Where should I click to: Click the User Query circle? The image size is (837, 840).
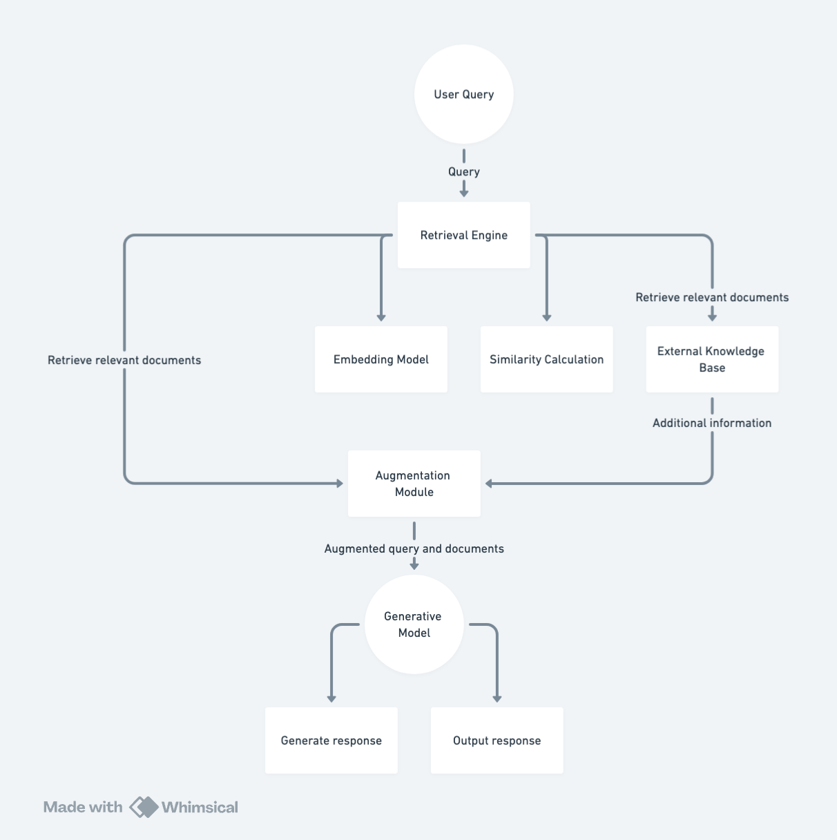click(x=464, y=95)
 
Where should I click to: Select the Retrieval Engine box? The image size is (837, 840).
click(x=464, y=235)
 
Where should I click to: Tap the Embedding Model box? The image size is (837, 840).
click(x=381, y=359)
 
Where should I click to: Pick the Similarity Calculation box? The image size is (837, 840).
click(x=546, y=359)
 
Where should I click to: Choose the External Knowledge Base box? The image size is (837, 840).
click(x=712, y=359)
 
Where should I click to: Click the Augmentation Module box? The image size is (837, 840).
click(x=414, y=484)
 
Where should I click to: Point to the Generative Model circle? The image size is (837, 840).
click(x=414, y=624)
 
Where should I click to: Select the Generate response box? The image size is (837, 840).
click(x=331, y=741)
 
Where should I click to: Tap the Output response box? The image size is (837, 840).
click(x=497, y=741)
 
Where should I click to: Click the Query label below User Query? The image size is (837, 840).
click(x=464, y=172)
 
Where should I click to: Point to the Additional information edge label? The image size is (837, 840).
click(x=712, y=423)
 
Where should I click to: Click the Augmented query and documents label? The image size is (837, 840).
click(x=414, y=548)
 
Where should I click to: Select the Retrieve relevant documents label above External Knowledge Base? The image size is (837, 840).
click(x=712, y=298)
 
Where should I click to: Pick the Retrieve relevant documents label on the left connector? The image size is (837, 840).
click(x=124, y=360)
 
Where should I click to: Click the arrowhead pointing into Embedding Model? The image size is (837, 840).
click(x=381, y=318)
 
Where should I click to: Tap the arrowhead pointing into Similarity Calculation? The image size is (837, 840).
click(x=546, y=318)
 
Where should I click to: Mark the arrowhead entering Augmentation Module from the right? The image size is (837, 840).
click(x=489, y=484)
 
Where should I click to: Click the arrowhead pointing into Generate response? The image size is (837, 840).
click(x=331, y=699)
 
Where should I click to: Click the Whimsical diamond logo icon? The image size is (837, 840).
click(x=144, y=807)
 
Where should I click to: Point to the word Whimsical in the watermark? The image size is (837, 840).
click(x=200, y=807)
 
